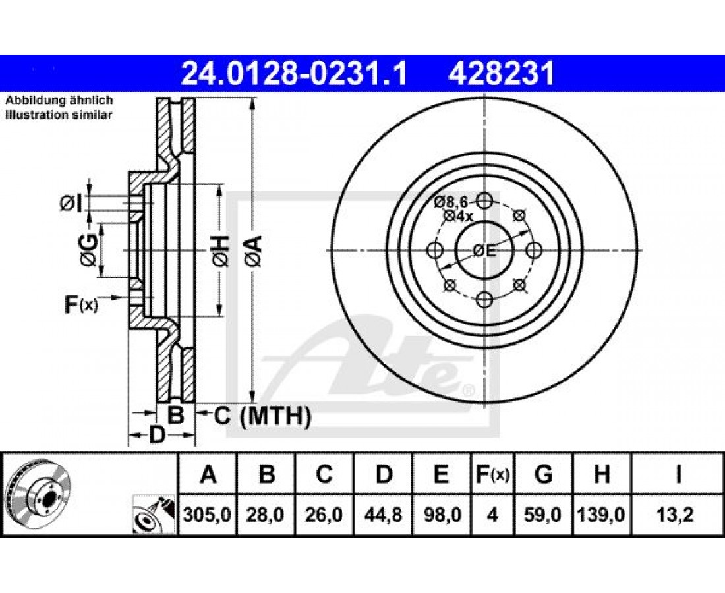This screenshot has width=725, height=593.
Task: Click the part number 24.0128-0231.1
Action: (x=294, y=74)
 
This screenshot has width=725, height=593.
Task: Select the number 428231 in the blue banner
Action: (x=501, y=74)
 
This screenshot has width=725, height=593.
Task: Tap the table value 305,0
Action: (x=207, y=515)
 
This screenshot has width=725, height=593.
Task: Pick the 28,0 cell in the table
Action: (x=266, y=515)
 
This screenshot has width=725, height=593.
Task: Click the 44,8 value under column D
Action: (x=383, y=515)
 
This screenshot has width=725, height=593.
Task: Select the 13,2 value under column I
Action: (x=678, y=515)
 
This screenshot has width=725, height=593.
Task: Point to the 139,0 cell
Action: (x=601, y=515)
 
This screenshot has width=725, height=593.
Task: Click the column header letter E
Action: (x=441, y=474)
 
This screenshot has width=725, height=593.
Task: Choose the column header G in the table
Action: (x=543, y=474)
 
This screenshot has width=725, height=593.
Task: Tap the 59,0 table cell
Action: (x=543, y=515)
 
